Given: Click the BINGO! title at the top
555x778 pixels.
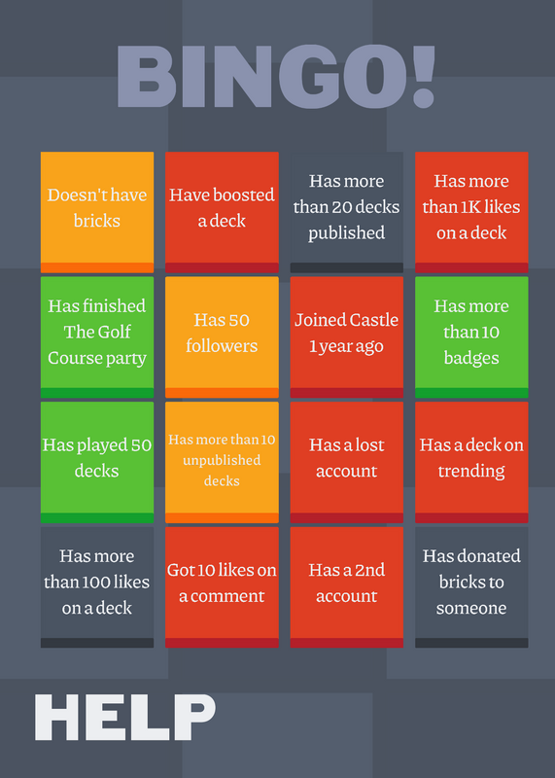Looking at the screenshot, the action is pyautogui.click(x=276, y=77).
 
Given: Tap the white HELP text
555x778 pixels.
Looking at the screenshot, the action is pyautogui.click(x=125, y=718).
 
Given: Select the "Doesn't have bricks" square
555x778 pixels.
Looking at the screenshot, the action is pyautogui.click(x=97, y=212).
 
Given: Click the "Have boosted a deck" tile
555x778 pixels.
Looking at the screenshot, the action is pyautogui.click(x=222, y=212).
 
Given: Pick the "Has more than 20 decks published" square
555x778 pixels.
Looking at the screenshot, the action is pyautogui.click(x=347, y=212).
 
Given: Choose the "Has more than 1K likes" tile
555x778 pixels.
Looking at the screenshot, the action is pyautogui.click(x=471, y=212).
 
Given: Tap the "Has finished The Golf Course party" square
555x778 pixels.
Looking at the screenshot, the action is pyautogui.click(x=97, y=337).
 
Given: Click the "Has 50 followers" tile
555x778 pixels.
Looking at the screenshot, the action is pyautogui.click(x=222, y=337).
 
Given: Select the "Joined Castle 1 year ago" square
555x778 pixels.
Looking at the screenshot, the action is pyautogui.click(x=347, y=337).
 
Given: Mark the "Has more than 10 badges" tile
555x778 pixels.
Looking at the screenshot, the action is pyautogui.click(x=471, y=337).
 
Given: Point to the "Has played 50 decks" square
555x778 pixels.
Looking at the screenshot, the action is pyautogui.click(x=97, y=463).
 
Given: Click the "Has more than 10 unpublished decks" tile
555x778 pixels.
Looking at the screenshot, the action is pyautogui.click(x=222, y=463).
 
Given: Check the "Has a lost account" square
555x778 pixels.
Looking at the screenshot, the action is pyautogui.click(x=347, y=463).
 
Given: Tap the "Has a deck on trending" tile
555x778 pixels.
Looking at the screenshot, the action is pyautogui.click(x=471, y=463).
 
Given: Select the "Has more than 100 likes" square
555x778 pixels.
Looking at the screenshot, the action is pyautogui.click(x=97, y=587).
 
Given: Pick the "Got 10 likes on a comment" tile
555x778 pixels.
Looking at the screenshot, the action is pyautogui.click(x=222, y=587).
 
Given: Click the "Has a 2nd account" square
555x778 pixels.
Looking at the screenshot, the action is pyautogui.click(x=347, y=587).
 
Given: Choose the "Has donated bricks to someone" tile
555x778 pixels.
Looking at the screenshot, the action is pyautogui.click(x=471, y=587).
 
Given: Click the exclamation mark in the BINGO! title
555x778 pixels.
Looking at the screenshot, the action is pyautogui.click(x=424, y=77).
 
